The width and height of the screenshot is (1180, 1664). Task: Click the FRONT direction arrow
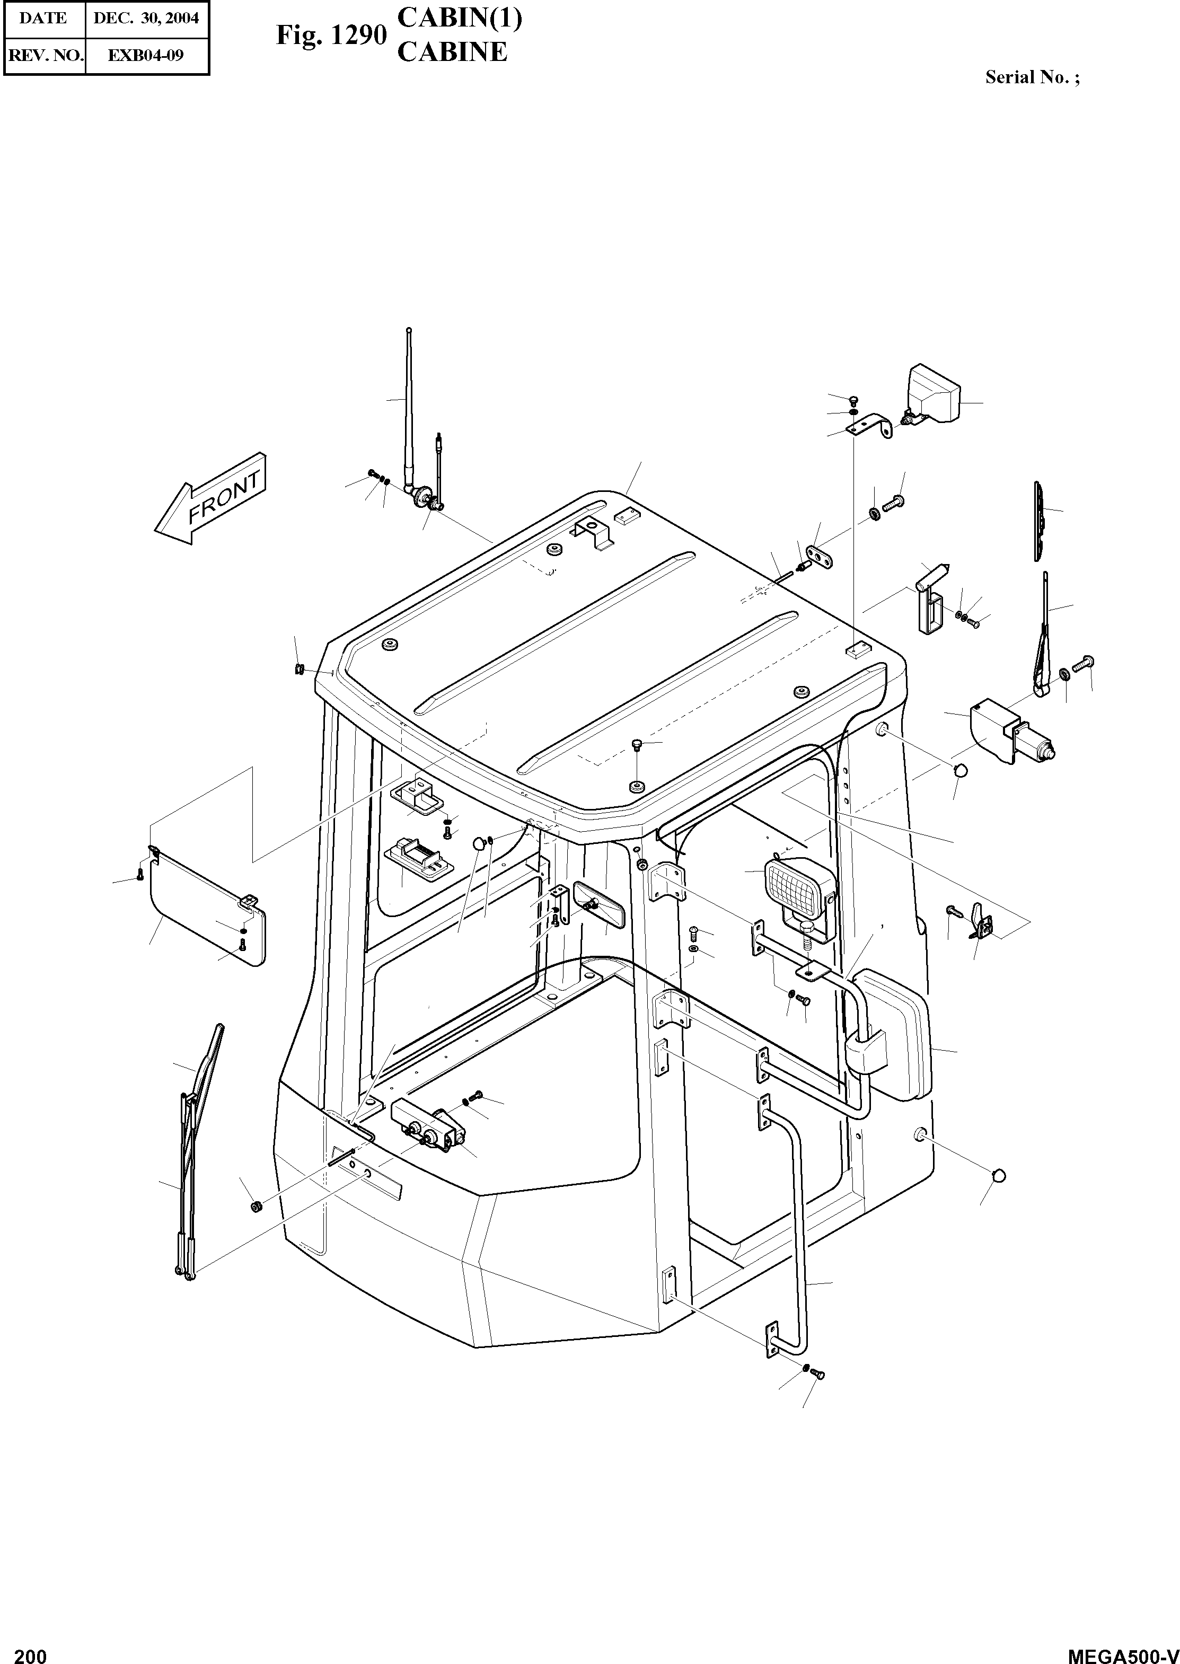209,502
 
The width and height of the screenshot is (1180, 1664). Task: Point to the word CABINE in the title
452,52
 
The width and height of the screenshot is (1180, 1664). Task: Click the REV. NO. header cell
43,55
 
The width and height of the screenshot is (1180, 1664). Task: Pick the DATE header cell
43,18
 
